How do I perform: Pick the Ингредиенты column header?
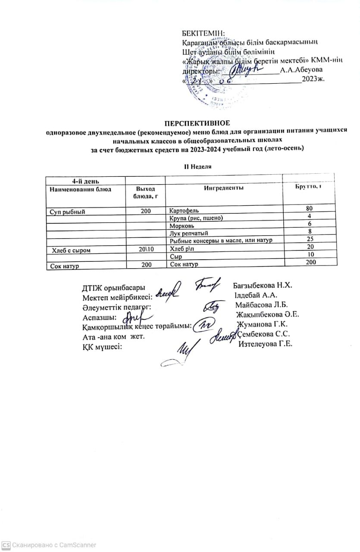[x=223, y=188]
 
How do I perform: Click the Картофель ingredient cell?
[x=184, y=211]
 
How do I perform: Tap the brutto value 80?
[x=309, y=209]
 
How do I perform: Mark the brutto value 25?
[x=309, y=238]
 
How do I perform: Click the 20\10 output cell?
[x=145, y=249]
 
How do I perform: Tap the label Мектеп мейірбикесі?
[x=117, y=296]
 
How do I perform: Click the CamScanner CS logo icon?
[x=6, y=545]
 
